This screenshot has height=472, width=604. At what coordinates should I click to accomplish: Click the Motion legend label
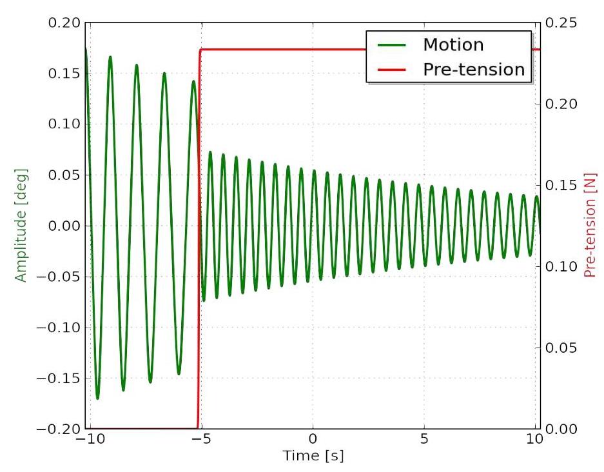point(453,44)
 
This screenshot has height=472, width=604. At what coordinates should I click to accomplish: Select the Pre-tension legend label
point(473,69)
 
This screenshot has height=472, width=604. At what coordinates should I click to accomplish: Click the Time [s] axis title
point(313,457)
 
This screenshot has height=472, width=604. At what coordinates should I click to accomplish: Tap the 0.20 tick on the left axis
point(65,23)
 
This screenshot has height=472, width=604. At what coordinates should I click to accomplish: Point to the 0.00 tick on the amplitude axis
point(65,226)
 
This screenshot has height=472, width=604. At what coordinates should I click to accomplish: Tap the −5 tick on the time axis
point(200,440)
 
